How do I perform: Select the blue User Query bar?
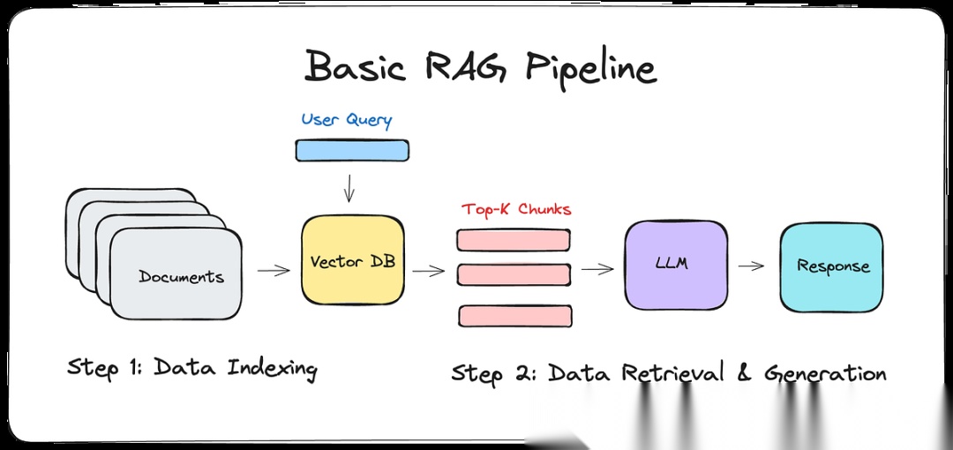click(352, 150)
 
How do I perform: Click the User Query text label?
click(347, 119)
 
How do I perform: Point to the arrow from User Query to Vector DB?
click(349, 188)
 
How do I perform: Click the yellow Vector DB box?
click(353, 259)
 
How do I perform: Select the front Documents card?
click(176, 274)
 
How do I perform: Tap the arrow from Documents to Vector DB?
click(274, 270)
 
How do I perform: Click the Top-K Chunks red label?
click(516, 210)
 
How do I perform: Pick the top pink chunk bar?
click(514, 240)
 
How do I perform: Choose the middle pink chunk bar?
click(514, 275)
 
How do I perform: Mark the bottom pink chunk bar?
click(515, 316)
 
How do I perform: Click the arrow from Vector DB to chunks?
click(429, 270)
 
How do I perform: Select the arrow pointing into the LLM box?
click(597, 269)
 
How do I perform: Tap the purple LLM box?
click(676, 265)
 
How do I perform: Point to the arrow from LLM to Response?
click(751, 266)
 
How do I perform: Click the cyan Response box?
click(831, 267)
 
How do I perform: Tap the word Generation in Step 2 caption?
click(825, 372)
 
